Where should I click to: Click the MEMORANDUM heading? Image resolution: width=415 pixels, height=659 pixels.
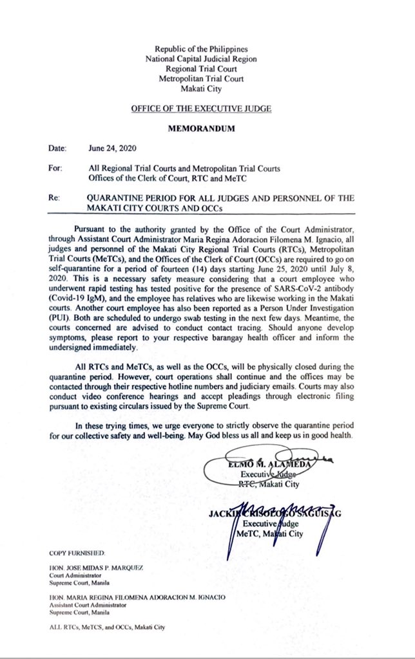point(201,128)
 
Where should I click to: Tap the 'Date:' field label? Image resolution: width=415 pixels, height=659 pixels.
point(57,148)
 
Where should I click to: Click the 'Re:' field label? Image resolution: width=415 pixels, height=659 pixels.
point(54,198)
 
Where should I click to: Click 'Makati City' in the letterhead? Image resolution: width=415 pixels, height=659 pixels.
point(201,88)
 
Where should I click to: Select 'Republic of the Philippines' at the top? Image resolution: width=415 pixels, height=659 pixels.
point(201,49)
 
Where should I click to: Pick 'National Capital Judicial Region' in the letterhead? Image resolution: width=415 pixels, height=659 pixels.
point(201,59)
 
